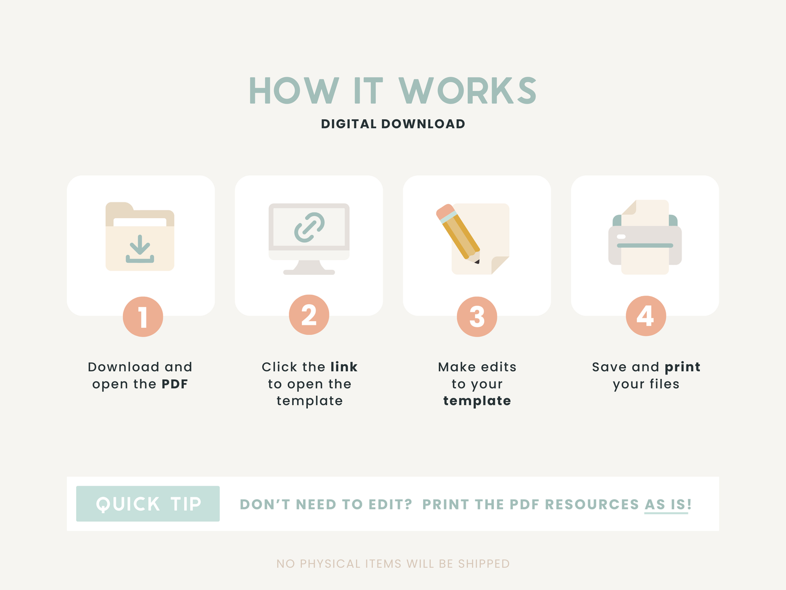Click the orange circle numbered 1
pyautogui.click(x=143, y=317)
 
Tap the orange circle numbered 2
pyautogui.click(x=309, y=315)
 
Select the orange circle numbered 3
pyautogui.click(x=477, y=317)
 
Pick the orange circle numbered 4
pyautogui.click(x=646, y=316)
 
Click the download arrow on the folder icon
pyautogui.click(x=140, y=249)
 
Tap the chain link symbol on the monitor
pyautogui.click(x=310, y=228)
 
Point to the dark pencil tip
pyautogui.click(x=477, y=262)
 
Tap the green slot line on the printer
pyautogui.click(x=645, y=245)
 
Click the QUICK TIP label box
pyautogui.click(x=148, y=503)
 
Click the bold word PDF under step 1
pyautogui.click(x=175, y=384)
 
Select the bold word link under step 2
pyautogui.click(x=344, y=367)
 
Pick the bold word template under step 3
pyautogui.click(x=477, y=401)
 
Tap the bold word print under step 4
pyautogui.click(x=683, y=367)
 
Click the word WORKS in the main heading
pyautogui.click(x=468, y=90)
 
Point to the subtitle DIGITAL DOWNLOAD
pyautogui.click(x=393, y=124)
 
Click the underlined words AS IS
pyautogui.click(x=666, y=505)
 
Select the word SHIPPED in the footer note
pyautogui.click(x=484, y=563)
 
